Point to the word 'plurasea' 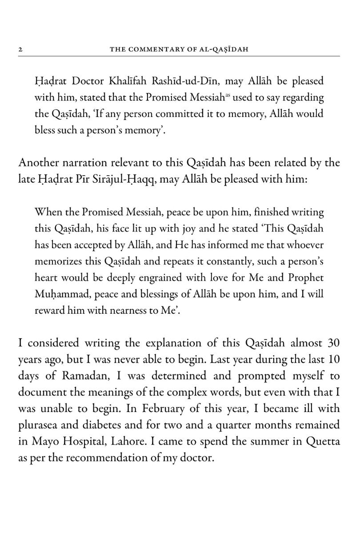pyautogui.click(x=38, y=424)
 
